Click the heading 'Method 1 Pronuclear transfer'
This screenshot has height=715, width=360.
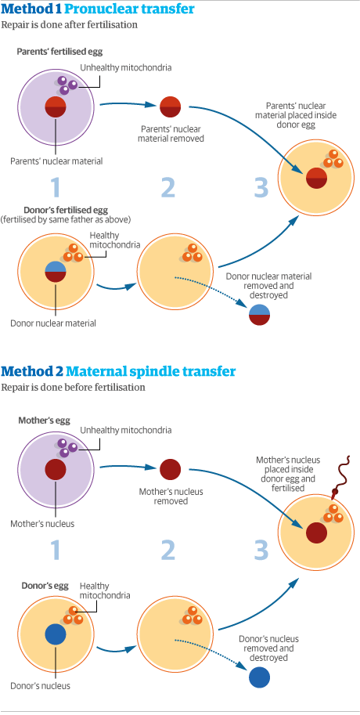[x=98, y=9]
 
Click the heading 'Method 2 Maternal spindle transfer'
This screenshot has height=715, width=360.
[x=118, y=371]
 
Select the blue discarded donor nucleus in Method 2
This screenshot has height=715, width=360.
[x=259, y=677]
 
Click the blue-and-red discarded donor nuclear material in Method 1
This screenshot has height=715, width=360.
[x=259, y=314]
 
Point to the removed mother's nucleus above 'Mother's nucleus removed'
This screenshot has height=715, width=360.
[x=170, y=469]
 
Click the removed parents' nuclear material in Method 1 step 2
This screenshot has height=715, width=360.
[x=170, y=107]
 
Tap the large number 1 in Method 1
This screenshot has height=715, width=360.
[x=55, y=188]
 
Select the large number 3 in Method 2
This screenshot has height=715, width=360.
[x=261, y=551]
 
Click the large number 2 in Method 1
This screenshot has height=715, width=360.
[x=168, y=188]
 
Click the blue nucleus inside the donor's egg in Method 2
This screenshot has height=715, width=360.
[x=56, y=634]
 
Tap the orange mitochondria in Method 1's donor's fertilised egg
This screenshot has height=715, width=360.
[x=72, y=253]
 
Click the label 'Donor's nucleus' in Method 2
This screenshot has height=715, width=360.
[x=40, y=686]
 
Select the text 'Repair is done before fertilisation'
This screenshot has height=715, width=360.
[x=73, y=387]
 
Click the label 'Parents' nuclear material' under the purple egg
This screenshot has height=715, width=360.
[x=56, y=161]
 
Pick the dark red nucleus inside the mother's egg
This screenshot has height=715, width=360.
[x=56, y=469]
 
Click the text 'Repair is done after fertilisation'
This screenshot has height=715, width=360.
[x=69, y=25]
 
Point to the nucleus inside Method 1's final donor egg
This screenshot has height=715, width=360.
[x=315, y=178]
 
